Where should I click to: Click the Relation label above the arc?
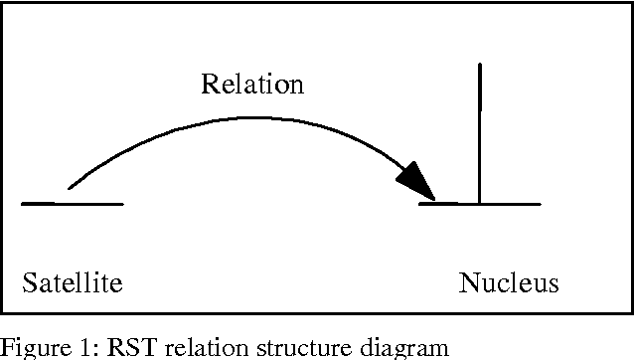coord(252,84)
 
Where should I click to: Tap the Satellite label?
coord(72,284)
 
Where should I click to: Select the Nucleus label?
coord(509,284)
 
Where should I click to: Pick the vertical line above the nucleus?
coord(480,129)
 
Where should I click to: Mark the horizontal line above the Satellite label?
coord(72,204)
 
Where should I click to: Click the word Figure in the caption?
coord(28,348)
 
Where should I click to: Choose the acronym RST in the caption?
coord(105,348)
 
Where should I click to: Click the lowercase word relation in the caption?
coord(168,348)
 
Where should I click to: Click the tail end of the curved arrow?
coord(69,186)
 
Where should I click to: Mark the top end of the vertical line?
coord(480,66)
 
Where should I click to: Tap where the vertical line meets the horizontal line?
coord(480,204)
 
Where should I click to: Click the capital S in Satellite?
coord(28,284)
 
